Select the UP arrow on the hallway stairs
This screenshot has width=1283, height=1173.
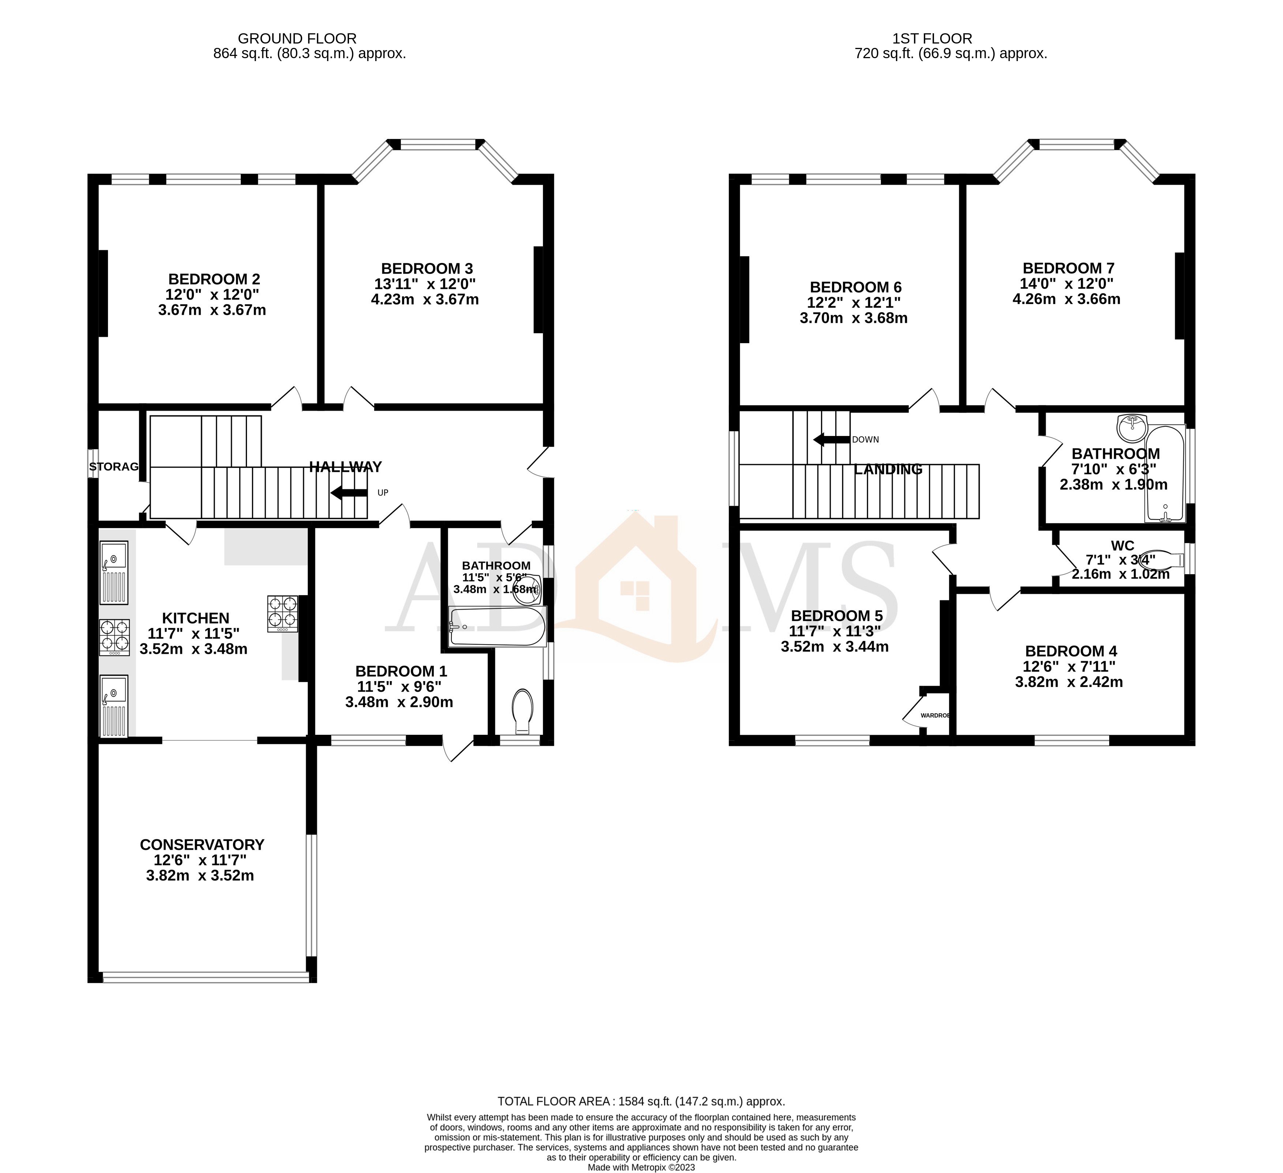point(349,492)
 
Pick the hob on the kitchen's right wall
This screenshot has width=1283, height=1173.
point(282,613)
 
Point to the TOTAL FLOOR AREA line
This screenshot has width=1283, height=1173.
point(641,1101)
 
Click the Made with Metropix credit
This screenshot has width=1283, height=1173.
point(641,1167)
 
